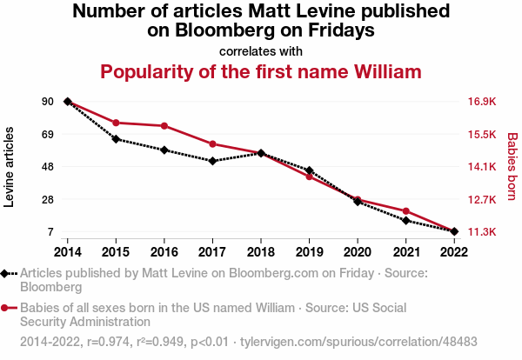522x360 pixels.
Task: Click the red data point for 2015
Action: (116, 123)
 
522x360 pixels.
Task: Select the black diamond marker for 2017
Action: (212, 161)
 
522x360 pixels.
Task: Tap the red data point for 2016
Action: (164, 126)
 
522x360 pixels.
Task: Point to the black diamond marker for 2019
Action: (309, 170)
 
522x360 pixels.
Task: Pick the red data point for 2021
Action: (406, 211)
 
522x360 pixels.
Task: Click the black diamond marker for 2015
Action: (116, 139)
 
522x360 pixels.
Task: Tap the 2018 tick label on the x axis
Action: (261, 251)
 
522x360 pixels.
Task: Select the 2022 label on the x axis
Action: (454, 251)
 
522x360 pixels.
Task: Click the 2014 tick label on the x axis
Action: (68, 251)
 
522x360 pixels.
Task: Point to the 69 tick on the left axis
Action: (47, 135)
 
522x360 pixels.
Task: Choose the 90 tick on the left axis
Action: (47, 102)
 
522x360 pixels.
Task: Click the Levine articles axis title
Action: (10, 167)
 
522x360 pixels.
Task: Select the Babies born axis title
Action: (512, 167)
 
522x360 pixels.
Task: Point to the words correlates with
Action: (261, 50)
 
